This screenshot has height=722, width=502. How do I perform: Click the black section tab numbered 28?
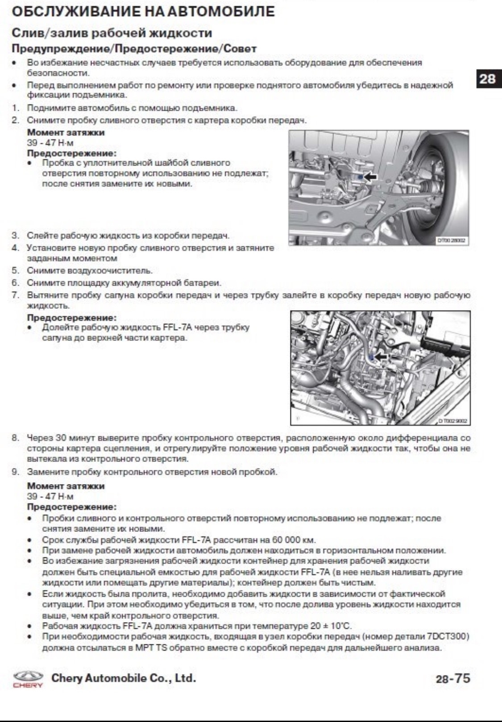[x=487, y=79]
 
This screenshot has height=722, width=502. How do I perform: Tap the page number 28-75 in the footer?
[x=453, y=679]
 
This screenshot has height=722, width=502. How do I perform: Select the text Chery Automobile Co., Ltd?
[x=124, y=678]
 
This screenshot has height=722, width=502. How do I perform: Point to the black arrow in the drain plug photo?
[x=370, y=177]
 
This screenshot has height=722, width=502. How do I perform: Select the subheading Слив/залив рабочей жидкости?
[x=112, y=33]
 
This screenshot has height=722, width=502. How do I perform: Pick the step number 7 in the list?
[x=15, y=295]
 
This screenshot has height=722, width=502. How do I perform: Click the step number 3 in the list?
[x=15, y=235]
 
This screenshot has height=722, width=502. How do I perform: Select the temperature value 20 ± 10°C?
[x=329, y=626]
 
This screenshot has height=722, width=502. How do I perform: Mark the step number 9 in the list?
[x=15, y=472]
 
